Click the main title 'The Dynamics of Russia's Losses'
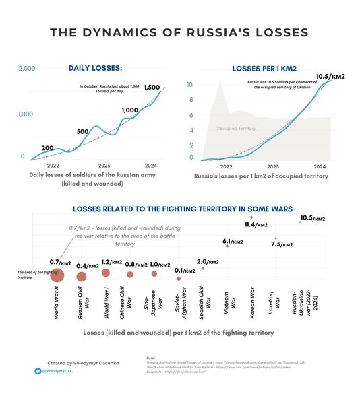point(179,32)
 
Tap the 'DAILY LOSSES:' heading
point(95,68)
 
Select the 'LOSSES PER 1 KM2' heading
point(264,69)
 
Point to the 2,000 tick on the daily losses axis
point(27,69)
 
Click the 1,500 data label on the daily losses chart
point(152,88)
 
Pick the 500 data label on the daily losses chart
point(83,131)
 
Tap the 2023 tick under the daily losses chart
point(104,165)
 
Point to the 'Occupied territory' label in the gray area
point(236,128)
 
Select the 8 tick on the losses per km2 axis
point(191,100)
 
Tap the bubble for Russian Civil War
point(82,276)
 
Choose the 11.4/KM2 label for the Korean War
point(256,224)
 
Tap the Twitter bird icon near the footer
point(38,371)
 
